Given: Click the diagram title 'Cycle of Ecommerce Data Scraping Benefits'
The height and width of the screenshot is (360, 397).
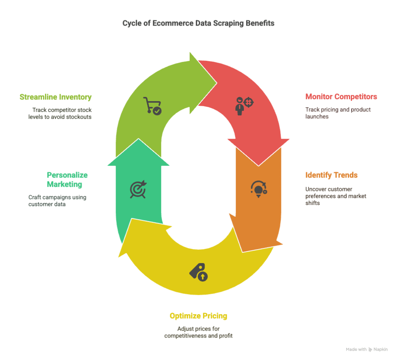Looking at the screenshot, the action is pyautogui.click(x=198, y=23).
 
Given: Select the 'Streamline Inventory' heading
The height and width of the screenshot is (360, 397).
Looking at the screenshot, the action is pyautogui.click(x=55, y=97).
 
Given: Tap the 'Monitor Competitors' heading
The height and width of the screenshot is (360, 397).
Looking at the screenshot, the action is pyautogui.click(x=341, y=96).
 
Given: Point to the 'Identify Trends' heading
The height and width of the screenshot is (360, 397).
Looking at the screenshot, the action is pyautogui.click(x=331, y=175).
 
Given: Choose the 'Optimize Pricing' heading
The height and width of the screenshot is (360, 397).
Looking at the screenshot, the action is pyautogui.click(x=198, y=316).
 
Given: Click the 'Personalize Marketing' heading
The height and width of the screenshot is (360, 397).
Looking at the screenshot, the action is pyautogui.click(x=67, y=180).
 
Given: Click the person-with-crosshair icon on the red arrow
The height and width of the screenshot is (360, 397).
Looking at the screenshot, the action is pyautogui.click(x=244, y=106).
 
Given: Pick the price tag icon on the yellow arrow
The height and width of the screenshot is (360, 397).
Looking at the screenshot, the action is pyautogui.click(x=198, y=272).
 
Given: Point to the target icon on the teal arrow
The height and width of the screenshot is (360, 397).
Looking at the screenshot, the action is pyautogui.click(x=138, y=189).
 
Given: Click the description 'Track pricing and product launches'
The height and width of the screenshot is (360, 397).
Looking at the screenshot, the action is pyautogui.click(x=338, y=113).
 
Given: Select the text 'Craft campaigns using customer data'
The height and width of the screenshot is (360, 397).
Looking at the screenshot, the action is pyautogui.click(x=57, y=201).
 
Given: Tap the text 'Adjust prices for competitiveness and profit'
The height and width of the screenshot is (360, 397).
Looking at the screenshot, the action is pyautogui.click(x=198, y=332).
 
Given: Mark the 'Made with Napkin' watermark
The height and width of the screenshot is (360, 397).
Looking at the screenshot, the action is pyautogui.click(x=367, y=350).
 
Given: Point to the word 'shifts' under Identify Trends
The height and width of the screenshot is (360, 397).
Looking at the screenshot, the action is pyautogui.click(x=312, y=203).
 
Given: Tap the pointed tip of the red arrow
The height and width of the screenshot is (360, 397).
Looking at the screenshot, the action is pyautogui.click(x=259, y=166).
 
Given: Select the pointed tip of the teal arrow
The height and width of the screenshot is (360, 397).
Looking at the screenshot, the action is pyautogui.click(x=138, y=139).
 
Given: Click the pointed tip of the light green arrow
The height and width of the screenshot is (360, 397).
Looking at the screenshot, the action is pyautogui.click(x=217, y=83).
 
